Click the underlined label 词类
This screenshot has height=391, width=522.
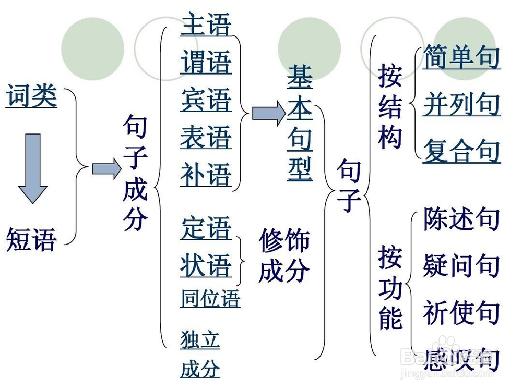tap(31, 97)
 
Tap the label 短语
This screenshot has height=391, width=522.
tap(31, 240)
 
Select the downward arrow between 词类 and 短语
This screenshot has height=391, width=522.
tap(33, 168)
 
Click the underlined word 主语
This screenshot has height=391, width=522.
tap(206, 25)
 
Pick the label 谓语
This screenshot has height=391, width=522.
tap(206, 63)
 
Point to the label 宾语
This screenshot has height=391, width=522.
tap(206, 100)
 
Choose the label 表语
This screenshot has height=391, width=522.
tap(206, 138)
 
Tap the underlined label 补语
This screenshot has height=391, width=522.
tap(206, 175)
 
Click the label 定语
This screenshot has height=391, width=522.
tap(206, 229)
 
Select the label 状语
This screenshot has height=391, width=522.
tap(206, 265)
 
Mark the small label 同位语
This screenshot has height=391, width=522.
tap(210, 298)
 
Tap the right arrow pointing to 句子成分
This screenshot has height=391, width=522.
tap(106, 168)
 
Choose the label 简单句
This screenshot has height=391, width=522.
tap(461, 57)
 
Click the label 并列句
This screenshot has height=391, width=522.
tap(461, 104)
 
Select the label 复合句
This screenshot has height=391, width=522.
tap(461, 151)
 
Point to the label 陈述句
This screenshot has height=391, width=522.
tap(461, 219)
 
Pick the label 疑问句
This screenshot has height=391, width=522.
tap(461, 266)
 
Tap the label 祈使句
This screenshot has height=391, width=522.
tap(461, 312)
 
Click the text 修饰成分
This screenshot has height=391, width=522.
tap(284, 255)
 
